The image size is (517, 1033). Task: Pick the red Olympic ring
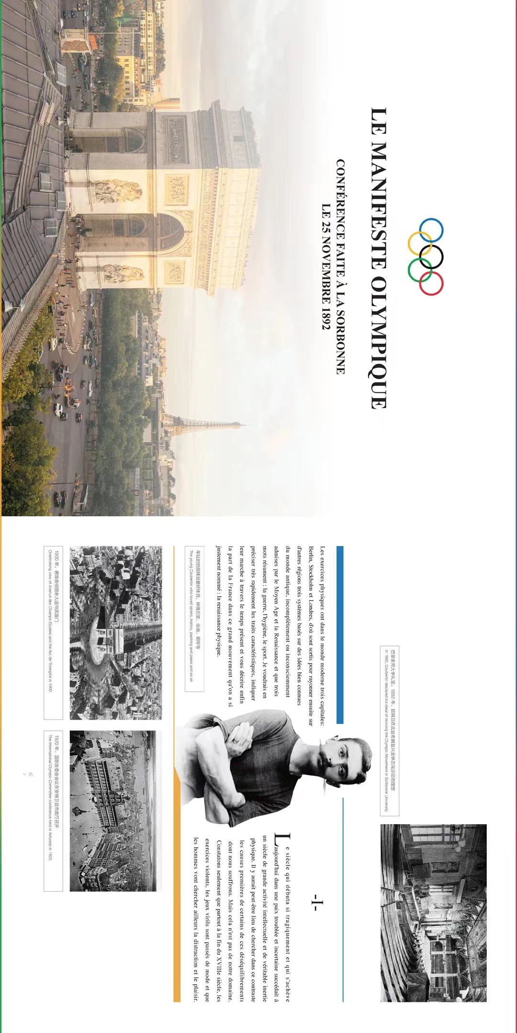click(x=431, y=283)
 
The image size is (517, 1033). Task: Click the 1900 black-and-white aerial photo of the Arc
click(x=115, y=633)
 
